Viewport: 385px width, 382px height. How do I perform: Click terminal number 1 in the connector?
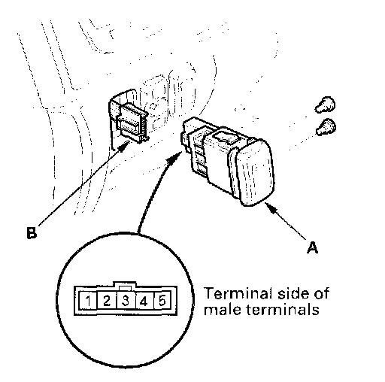pos(87,300)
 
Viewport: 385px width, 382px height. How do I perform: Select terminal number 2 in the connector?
pos(107,300)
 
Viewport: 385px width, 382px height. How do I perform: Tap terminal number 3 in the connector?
pos(126,300)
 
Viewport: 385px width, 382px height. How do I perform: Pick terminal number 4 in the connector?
pos(144,300)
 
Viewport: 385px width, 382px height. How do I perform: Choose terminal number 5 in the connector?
pos(162,300)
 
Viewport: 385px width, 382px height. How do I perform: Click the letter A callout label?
pos(312,247)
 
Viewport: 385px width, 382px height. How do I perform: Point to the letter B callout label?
pos(32,233)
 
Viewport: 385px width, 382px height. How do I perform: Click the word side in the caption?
pos(293,293)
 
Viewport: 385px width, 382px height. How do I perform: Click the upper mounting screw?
pos(325,105)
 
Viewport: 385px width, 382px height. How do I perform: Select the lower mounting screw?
pos(326,127)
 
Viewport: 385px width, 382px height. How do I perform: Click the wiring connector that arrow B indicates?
pos(132,123)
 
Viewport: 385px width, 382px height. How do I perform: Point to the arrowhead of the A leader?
pos(271,208)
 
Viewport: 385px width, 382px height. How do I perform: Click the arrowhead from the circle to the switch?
pos(174,158)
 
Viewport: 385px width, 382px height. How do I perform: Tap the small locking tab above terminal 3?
pos(126,288)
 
